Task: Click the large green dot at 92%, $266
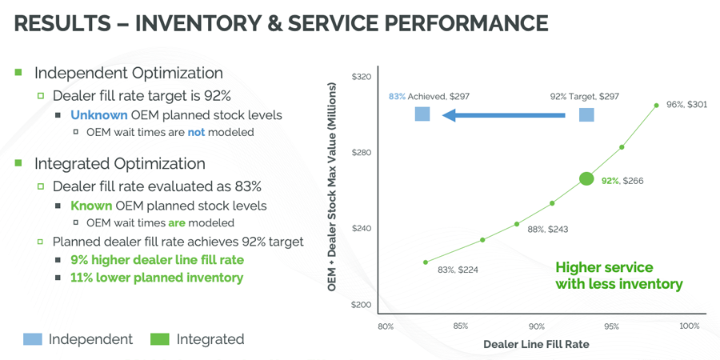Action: click(586, 178)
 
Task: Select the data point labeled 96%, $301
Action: click(656, 105)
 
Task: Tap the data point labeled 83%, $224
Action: click(426, 262)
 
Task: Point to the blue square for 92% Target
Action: click(586, 114)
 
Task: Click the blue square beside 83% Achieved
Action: click(422, 114)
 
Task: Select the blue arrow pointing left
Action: click(504, 115)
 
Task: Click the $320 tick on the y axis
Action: click(362, 77)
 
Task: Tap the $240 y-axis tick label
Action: click(362, 229)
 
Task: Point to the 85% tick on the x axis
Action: click(461, 326)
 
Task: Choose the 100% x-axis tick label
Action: click(689, 326)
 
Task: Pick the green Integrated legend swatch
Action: click(160, 339)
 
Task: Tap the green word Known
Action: click(90, 206)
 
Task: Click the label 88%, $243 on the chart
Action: click(547, 230)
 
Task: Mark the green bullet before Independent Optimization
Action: click(18, 73)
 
